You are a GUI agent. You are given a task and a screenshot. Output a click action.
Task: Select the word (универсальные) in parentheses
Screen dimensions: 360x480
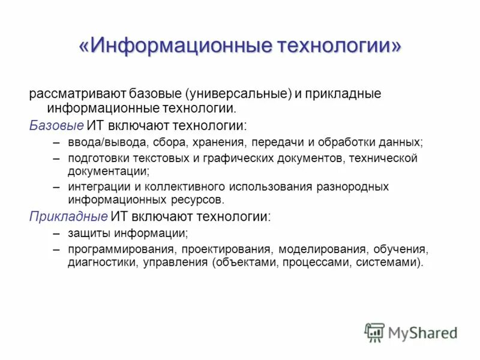[x=238, y=94]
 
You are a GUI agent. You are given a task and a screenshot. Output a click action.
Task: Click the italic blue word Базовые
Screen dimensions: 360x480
[x=56, y=126]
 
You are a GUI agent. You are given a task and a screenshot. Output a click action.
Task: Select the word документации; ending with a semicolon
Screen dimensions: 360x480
[x=109, y=171]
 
